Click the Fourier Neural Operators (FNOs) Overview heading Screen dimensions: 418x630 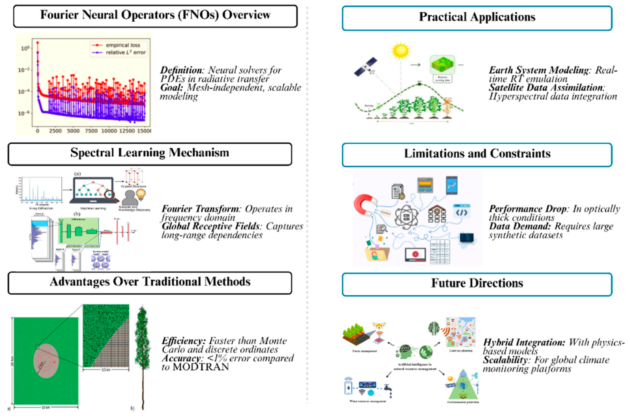[x=155, y=15]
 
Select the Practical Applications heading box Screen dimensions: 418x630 [x=477, y=17]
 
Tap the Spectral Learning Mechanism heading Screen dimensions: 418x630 [x=150, y=153]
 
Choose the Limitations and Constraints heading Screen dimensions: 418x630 [x=477, y=154]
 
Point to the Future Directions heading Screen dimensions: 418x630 [x=477, y=283]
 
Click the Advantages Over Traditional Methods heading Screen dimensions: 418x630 [x=150, y=282]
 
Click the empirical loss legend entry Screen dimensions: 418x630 [x=123, y=45]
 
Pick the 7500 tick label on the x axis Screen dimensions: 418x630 [x=91, y=131]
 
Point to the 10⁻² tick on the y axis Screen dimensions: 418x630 [x=24, y=70]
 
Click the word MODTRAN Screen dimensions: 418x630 [x=201, y=367]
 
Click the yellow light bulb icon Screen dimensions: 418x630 [x=141, y=194]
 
